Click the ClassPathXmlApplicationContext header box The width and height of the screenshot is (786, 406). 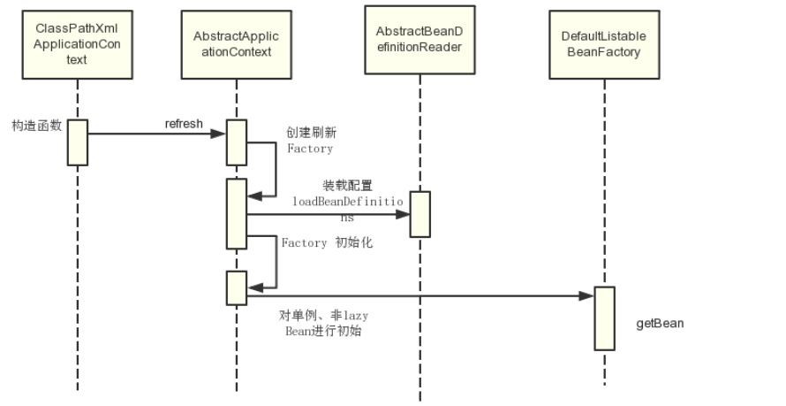pos(77,43)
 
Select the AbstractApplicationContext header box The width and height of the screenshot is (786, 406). pos(236,43)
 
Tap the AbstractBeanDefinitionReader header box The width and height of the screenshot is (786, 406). pos(419,40)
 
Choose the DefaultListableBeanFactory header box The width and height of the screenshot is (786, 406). pos(604,44)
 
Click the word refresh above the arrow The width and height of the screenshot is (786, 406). pos(184,123)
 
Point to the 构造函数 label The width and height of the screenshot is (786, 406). pos(36,126)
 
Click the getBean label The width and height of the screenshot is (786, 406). pos(660,323)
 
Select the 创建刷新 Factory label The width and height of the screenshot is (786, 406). pos(311,141)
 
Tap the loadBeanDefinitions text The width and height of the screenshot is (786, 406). pos(348,208)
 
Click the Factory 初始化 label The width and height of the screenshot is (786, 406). pos(327,242)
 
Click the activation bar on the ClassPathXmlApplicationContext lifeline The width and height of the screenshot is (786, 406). pos(78,142)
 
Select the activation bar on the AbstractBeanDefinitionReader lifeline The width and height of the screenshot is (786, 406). pos(419,214)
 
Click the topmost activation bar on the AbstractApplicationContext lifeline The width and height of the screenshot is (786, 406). pos(236,142)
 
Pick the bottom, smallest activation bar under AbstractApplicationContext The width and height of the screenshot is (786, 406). pos(236,287)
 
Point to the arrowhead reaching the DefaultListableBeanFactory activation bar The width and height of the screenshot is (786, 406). pos(587,295)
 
